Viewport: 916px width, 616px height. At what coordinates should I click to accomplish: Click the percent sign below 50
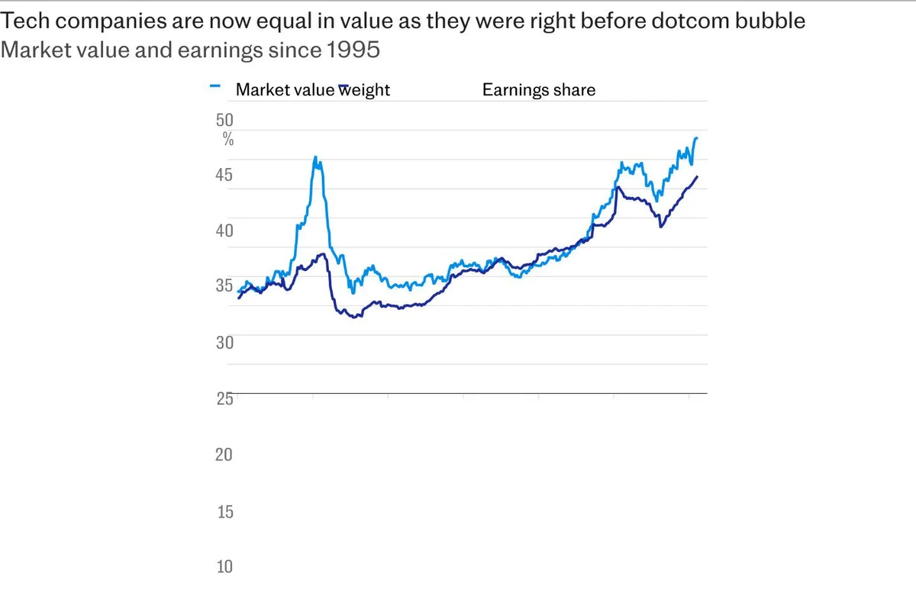(228, 139)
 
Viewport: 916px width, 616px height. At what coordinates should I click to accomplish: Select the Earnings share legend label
(538, 90)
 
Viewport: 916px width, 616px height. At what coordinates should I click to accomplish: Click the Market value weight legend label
(312, 90)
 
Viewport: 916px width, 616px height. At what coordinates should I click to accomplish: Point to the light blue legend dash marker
(214, 86)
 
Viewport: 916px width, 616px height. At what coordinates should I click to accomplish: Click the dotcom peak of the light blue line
(315, 157)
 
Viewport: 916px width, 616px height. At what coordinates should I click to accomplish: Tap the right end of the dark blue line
(697, 176)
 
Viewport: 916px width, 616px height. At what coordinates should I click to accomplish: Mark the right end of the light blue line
(697, 138)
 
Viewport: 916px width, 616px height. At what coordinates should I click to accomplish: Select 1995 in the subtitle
(353, 50)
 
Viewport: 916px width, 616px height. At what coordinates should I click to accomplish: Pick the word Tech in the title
(21, 21)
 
